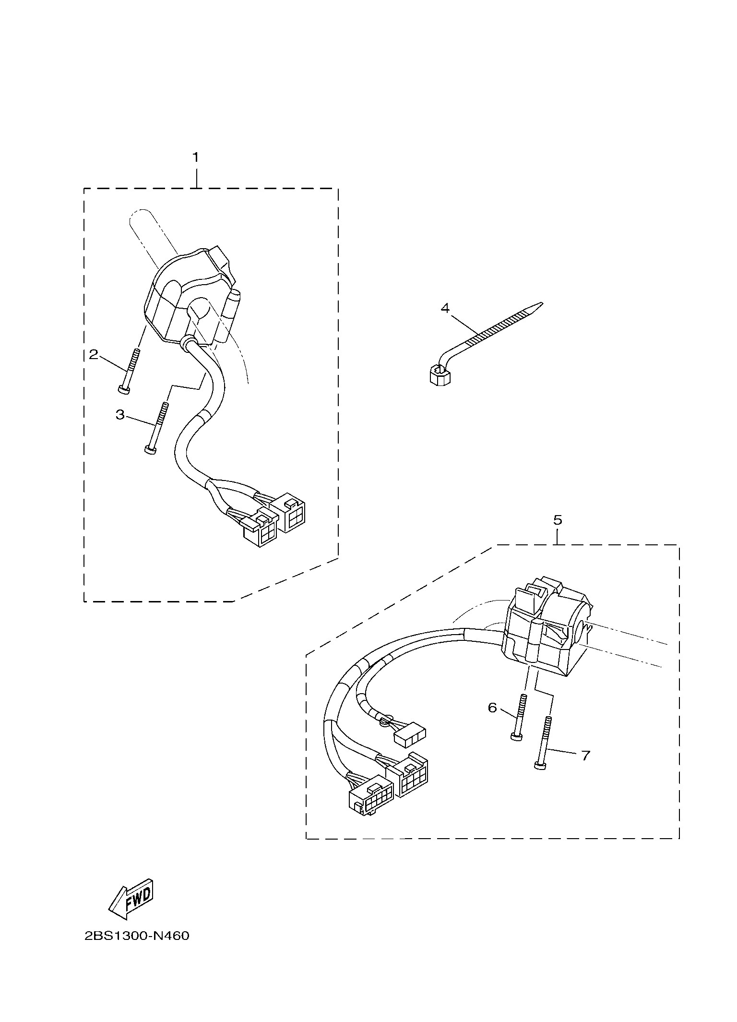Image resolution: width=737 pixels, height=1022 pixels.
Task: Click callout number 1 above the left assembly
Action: point(195,157)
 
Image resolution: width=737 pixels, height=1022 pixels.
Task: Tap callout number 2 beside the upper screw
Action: point(94,354)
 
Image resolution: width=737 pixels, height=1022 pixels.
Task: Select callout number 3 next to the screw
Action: point(120,414)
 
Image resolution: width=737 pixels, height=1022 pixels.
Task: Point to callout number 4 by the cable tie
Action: point(445,308)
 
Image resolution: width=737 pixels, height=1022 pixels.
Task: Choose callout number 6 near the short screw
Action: point(492,708)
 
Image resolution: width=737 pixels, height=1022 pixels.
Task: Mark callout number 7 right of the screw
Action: point(585,756)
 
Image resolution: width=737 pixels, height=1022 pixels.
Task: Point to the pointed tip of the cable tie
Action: point(543,303)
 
